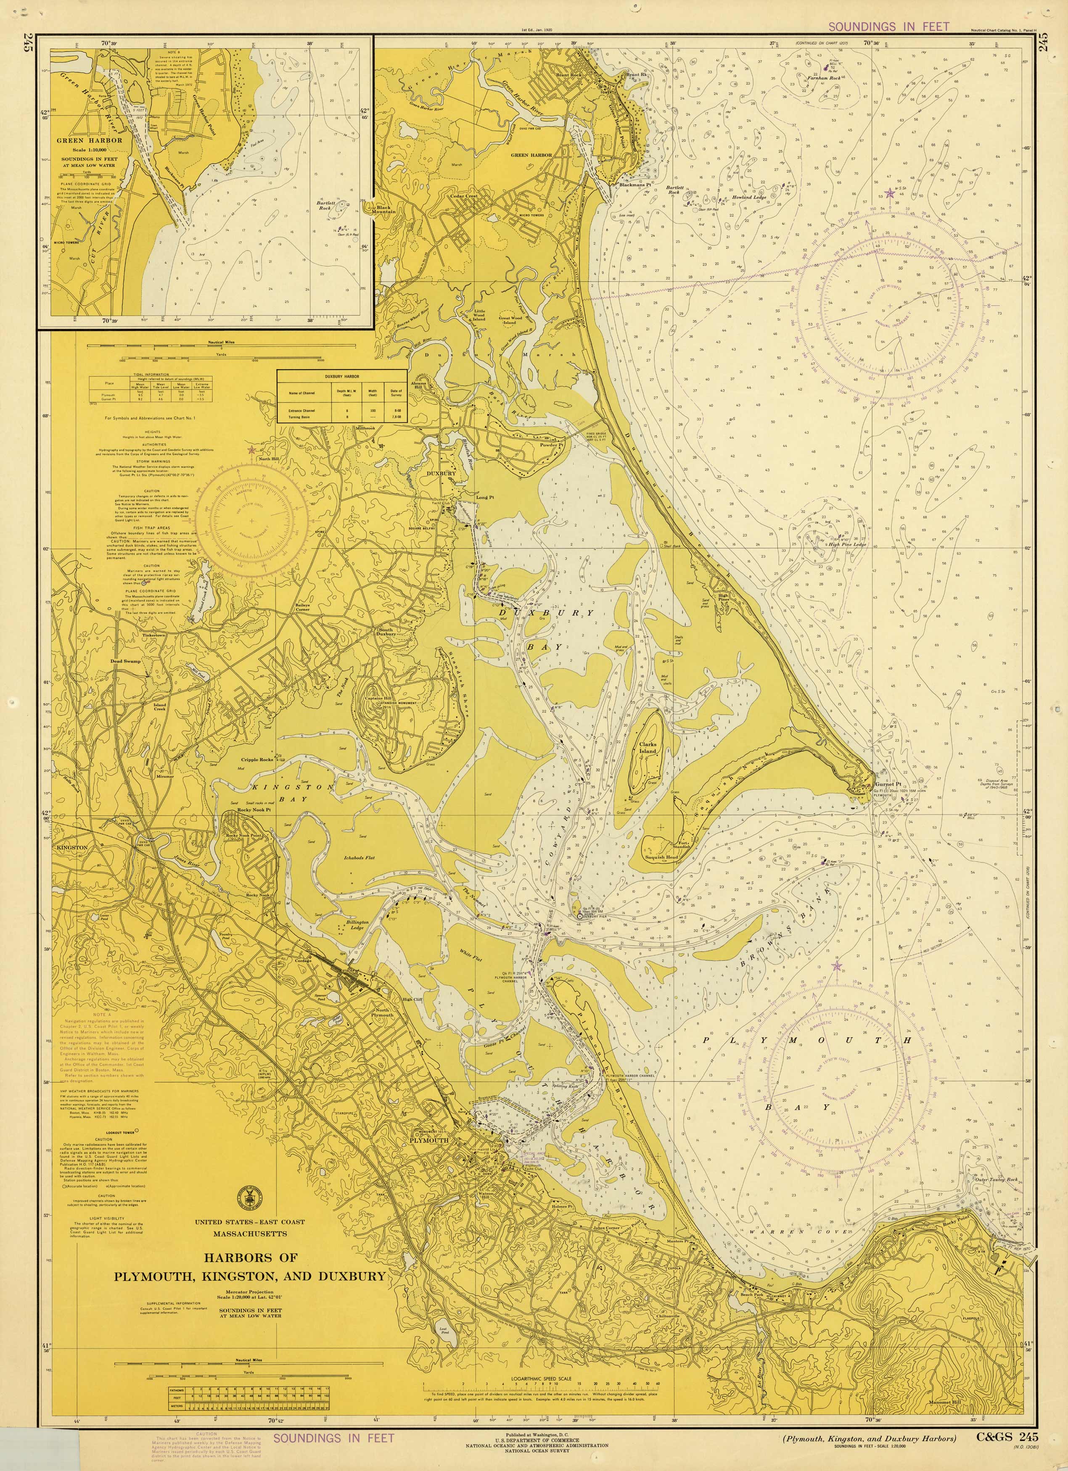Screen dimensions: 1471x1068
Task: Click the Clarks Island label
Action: click(x=648, y=748)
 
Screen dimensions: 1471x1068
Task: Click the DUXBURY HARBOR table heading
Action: click(x=342, y=376)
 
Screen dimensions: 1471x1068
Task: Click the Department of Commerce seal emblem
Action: click(x=246, y=1196)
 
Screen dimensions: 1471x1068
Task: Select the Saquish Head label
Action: click(x=661, y=857)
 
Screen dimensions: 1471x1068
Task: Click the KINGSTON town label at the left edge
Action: click(x=71, y=848)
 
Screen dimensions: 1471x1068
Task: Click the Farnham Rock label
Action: click(x=824, y=78)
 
